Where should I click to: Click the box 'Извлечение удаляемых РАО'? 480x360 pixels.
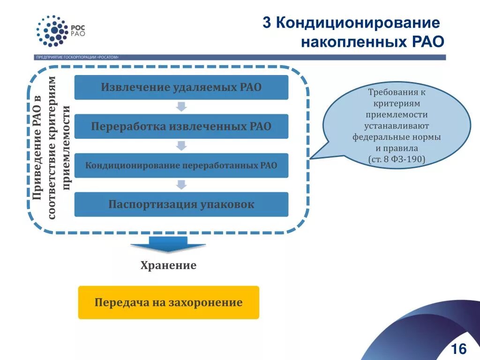(x=181, y=87)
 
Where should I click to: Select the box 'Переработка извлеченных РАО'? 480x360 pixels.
(x=181, y=127)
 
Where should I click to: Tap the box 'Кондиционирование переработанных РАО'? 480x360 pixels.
(x=181, y=165)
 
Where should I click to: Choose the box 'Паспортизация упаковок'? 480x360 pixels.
(x=181, y=204)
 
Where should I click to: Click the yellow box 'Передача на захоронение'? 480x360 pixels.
(x=168, y=302)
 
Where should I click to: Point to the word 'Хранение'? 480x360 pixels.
(x=168, y=266)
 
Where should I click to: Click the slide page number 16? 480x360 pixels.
(x=458, y=349)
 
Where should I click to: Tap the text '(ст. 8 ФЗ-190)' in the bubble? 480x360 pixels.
(x=397, y=159)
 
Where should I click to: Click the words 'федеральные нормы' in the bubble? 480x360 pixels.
(x=397, y=137)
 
